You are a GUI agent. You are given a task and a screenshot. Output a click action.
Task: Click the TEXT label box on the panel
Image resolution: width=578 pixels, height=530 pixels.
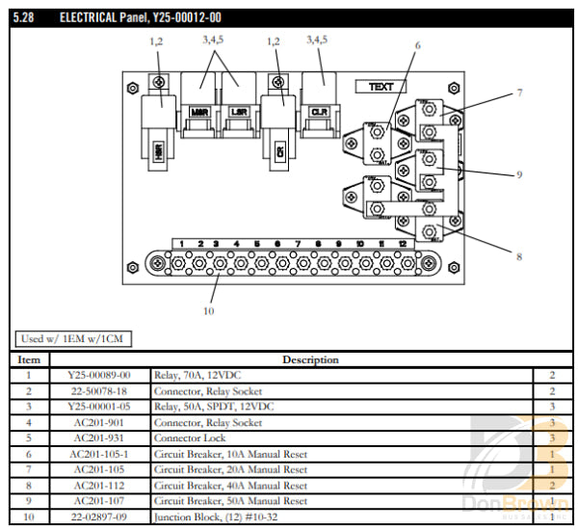click(x=381, y=87)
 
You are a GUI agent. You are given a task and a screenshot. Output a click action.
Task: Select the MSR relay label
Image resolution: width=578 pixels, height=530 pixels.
click(x=200, y=112)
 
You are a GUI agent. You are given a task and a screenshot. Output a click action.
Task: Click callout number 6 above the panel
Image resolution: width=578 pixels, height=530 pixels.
click(x=417, y=45)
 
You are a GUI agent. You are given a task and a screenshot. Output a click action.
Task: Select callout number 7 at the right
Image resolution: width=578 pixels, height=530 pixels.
click(x=518, y=93)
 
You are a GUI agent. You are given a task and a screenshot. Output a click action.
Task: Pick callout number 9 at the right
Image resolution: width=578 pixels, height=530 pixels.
click(x=518, y=175)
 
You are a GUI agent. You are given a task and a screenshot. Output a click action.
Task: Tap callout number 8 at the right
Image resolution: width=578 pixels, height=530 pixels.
click(x=518, y=256)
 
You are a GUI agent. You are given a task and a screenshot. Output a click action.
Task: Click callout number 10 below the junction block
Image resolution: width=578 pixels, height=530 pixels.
click(x=209, y=310)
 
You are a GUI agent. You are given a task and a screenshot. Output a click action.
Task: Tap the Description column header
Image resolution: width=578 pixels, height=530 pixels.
click(x=310, y=359)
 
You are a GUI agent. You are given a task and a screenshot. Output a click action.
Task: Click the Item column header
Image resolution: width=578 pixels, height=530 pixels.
click(x=28, y=359)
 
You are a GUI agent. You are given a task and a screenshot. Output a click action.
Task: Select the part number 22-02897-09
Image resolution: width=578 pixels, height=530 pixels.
click(x=98, y=517)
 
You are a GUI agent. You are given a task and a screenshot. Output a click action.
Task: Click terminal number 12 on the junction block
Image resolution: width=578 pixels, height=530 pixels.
click(x=401, y=243)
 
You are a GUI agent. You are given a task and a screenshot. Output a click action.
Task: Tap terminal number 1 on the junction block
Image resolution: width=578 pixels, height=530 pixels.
click(x=176, y=243)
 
